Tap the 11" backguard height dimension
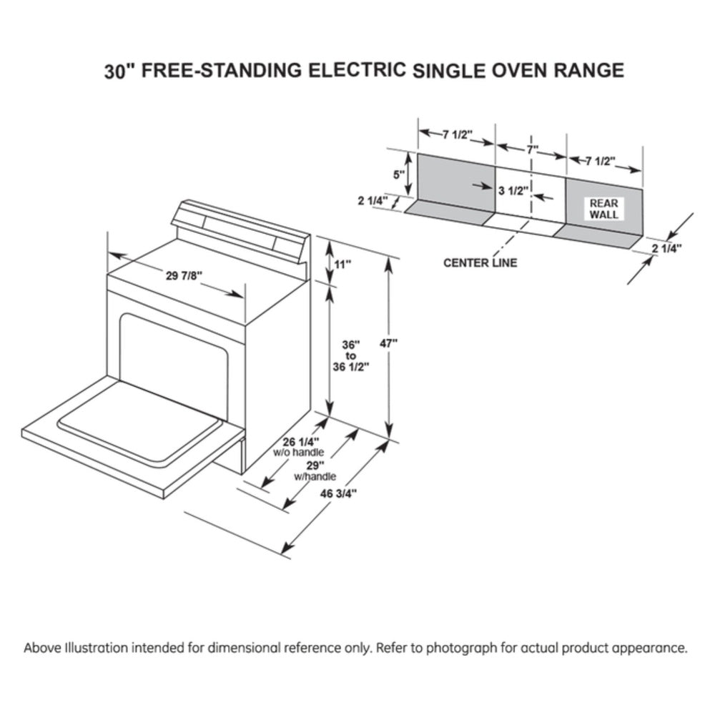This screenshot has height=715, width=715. click(x=343, y=265)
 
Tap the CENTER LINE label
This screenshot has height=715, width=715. click(x=480, y=262)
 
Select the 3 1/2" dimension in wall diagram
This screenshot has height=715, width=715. click(x=512, y=190)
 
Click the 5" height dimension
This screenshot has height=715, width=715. click(x=398, y=174)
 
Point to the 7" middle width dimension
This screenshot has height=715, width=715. click(x=532, y=149)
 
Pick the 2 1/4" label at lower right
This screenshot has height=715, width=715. click(x=666, y=248)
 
